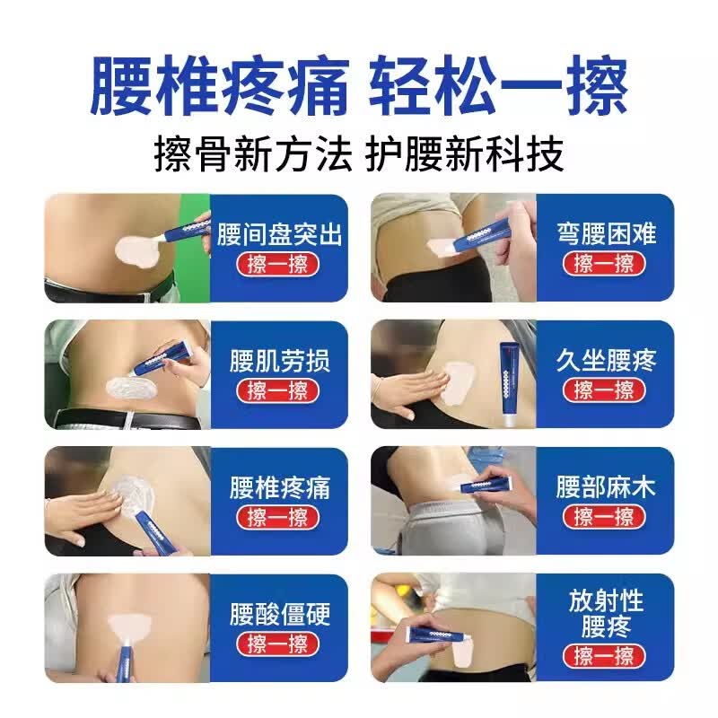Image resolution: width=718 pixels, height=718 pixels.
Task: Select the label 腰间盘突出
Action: tap(279, 235)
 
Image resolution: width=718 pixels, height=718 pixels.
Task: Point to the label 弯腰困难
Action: tap(605, 235)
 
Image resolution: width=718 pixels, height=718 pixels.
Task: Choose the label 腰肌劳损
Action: tap(279, 362)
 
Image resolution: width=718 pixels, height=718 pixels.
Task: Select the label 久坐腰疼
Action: tap(605, 362)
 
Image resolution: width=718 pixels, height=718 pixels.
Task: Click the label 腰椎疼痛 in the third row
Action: tap(279, 488)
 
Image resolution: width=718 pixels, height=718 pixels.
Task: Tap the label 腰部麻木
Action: tap(605, 488)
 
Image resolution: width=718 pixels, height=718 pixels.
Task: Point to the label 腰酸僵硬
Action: tap(279, 615)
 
